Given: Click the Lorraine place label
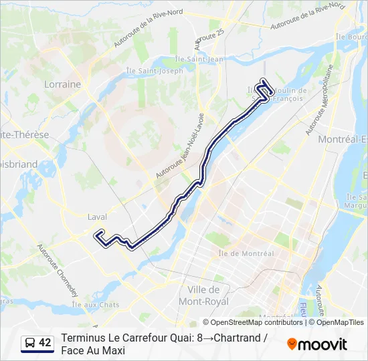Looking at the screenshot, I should point(62,84).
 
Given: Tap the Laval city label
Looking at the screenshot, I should point(97,217).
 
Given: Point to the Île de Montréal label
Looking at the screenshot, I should point(246,253).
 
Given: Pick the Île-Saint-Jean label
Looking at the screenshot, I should point(209,59).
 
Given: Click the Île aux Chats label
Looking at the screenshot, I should point(96,305).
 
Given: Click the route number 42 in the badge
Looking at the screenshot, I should point(45,343).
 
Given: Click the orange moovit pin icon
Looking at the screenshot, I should point(292,344).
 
